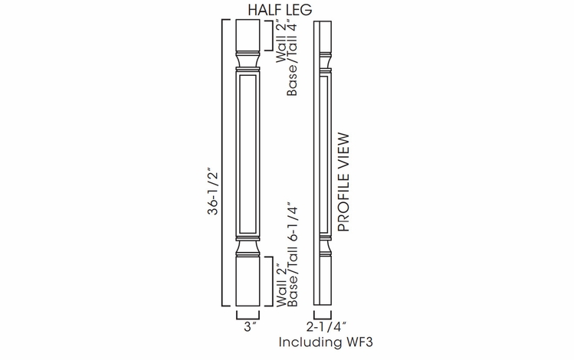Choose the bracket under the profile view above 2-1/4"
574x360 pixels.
[x=323, y=315]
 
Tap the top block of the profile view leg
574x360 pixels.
[x=323, y=34]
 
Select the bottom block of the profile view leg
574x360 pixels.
[x=323, y=280]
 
